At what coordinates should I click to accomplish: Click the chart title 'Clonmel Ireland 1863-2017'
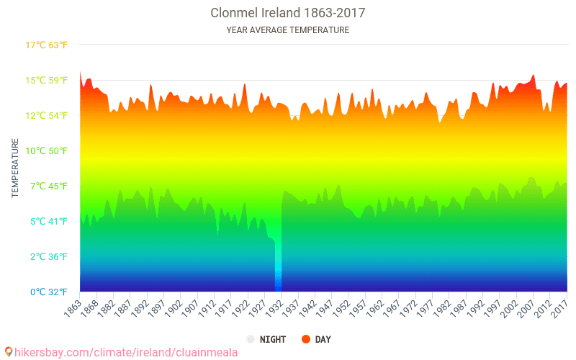[x=287, y=13]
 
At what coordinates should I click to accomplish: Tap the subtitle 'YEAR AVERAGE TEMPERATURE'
[x=287, y=30]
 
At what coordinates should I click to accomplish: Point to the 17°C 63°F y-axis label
[x=46, y=45]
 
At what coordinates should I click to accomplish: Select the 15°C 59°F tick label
[x=46, y=81]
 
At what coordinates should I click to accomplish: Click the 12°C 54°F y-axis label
[x=46, y=116]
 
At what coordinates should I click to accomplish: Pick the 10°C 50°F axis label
[x=46, y=151]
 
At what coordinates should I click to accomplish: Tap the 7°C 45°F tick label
[x=48, y=186]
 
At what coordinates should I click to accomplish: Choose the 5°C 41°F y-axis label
[x=48, y=222]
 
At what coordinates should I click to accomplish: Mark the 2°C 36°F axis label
[x=48, y=257]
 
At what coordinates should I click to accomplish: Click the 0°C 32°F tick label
[x=48, y=292]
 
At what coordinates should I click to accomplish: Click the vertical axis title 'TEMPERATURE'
[x=14, y=168]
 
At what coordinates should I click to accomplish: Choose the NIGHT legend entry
[x=266, y=339]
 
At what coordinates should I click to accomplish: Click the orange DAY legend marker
[x=305, y=339]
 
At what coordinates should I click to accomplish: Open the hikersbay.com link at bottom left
[x=126, y=353]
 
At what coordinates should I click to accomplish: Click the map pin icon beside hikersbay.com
[x=9, y=352]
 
